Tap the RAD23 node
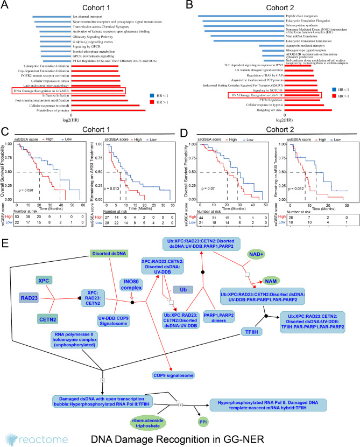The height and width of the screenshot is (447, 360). click(29, 297)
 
